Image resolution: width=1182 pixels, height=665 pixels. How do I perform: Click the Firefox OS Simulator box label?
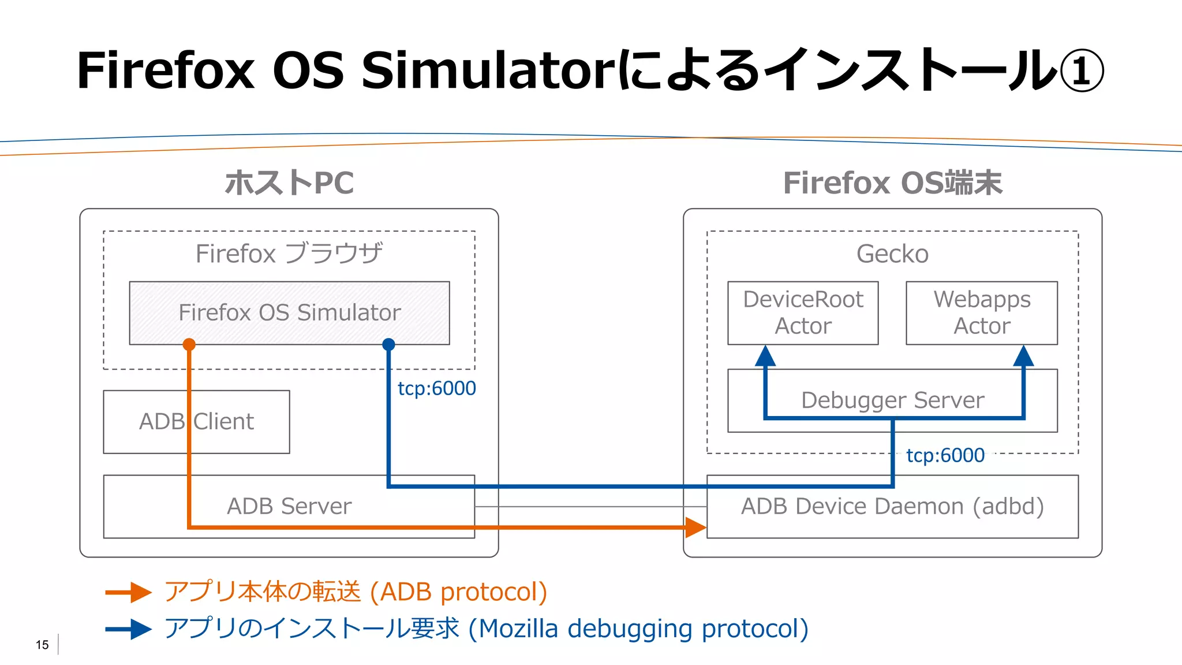289,313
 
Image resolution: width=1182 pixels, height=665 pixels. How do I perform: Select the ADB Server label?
289,506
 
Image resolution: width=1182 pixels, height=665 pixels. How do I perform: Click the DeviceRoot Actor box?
803,313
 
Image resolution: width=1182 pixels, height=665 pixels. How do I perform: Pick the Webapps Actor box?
982,313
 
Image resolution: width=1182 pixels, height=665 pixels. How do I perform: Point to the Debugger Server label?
892,400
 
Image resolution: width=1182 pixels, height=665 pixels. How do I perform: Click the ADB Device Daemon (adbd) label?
892,506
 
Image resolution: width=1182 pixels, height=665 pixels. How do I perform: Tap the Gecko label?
892,254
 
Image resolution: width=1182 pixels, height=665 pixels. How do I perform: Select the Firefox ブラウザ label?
289,254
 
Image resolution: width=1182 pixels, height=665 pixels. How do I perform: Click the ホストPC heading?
289,183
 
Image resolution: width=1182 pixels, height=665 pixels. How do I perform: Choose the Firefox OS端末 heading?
892,183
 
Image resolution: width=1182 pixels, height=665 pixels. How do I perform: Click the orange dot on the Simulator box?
189,345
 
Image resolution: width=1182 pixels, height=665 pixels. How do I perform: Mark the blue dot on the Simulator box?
388,345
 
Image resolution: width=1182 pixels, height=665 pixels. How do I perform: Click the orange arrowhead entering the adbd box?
695,527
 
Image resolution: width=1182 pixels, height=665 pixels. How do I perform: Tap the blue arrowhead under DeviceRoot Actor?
765,356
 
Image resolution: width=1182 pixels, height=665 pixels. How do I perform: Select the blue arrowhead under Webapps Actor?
1023,356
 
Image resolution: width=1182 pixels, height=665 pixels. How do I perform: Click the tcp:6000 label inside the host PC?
437,388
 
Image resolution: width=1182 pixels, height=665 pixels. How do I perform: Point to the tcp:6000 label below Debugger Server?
945,455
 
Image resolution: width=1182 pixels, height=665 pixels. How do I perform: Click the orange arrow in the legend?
129,592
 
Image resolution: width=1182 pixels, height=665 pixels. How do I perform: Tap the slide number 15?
42,645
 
